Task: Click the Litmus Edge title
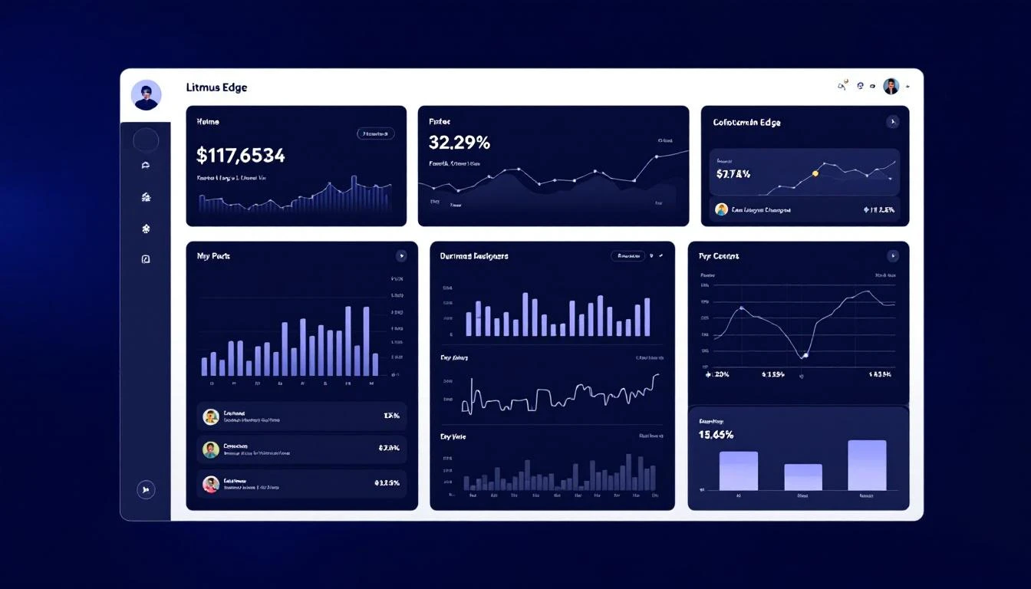[216, 87]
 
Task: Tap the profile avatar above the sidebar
[146, 95]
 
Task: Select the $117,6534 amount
[240, 156]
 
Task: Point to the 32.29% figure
[459, 142]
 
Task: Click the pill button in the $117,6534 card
[376, 133]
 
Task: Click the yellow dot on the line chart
[815, 173]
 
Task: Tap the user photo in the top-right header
[891, 87]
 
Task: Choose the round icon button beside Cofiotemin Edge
[892, 122]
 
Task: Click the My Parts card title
[213, 256]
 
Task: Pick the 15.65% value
[716, 435]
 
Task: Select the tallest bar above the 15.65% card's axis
[867, 465]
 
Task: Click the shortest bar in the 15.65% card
[802, 477]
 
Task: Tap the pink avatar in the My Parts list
[211, 484]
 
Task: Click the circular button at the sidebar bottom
[146, 489]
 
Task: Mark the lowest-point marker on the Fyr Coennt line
[804, 355]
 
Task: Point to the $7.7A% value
[733, 174]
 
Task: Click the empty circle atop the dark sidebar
[146, 141]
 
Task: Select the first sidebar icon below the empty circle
[146, 166]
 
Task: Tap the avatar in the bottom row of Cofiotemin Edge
[721, 209]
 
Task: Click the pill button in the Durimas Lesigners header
[627, 256]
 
